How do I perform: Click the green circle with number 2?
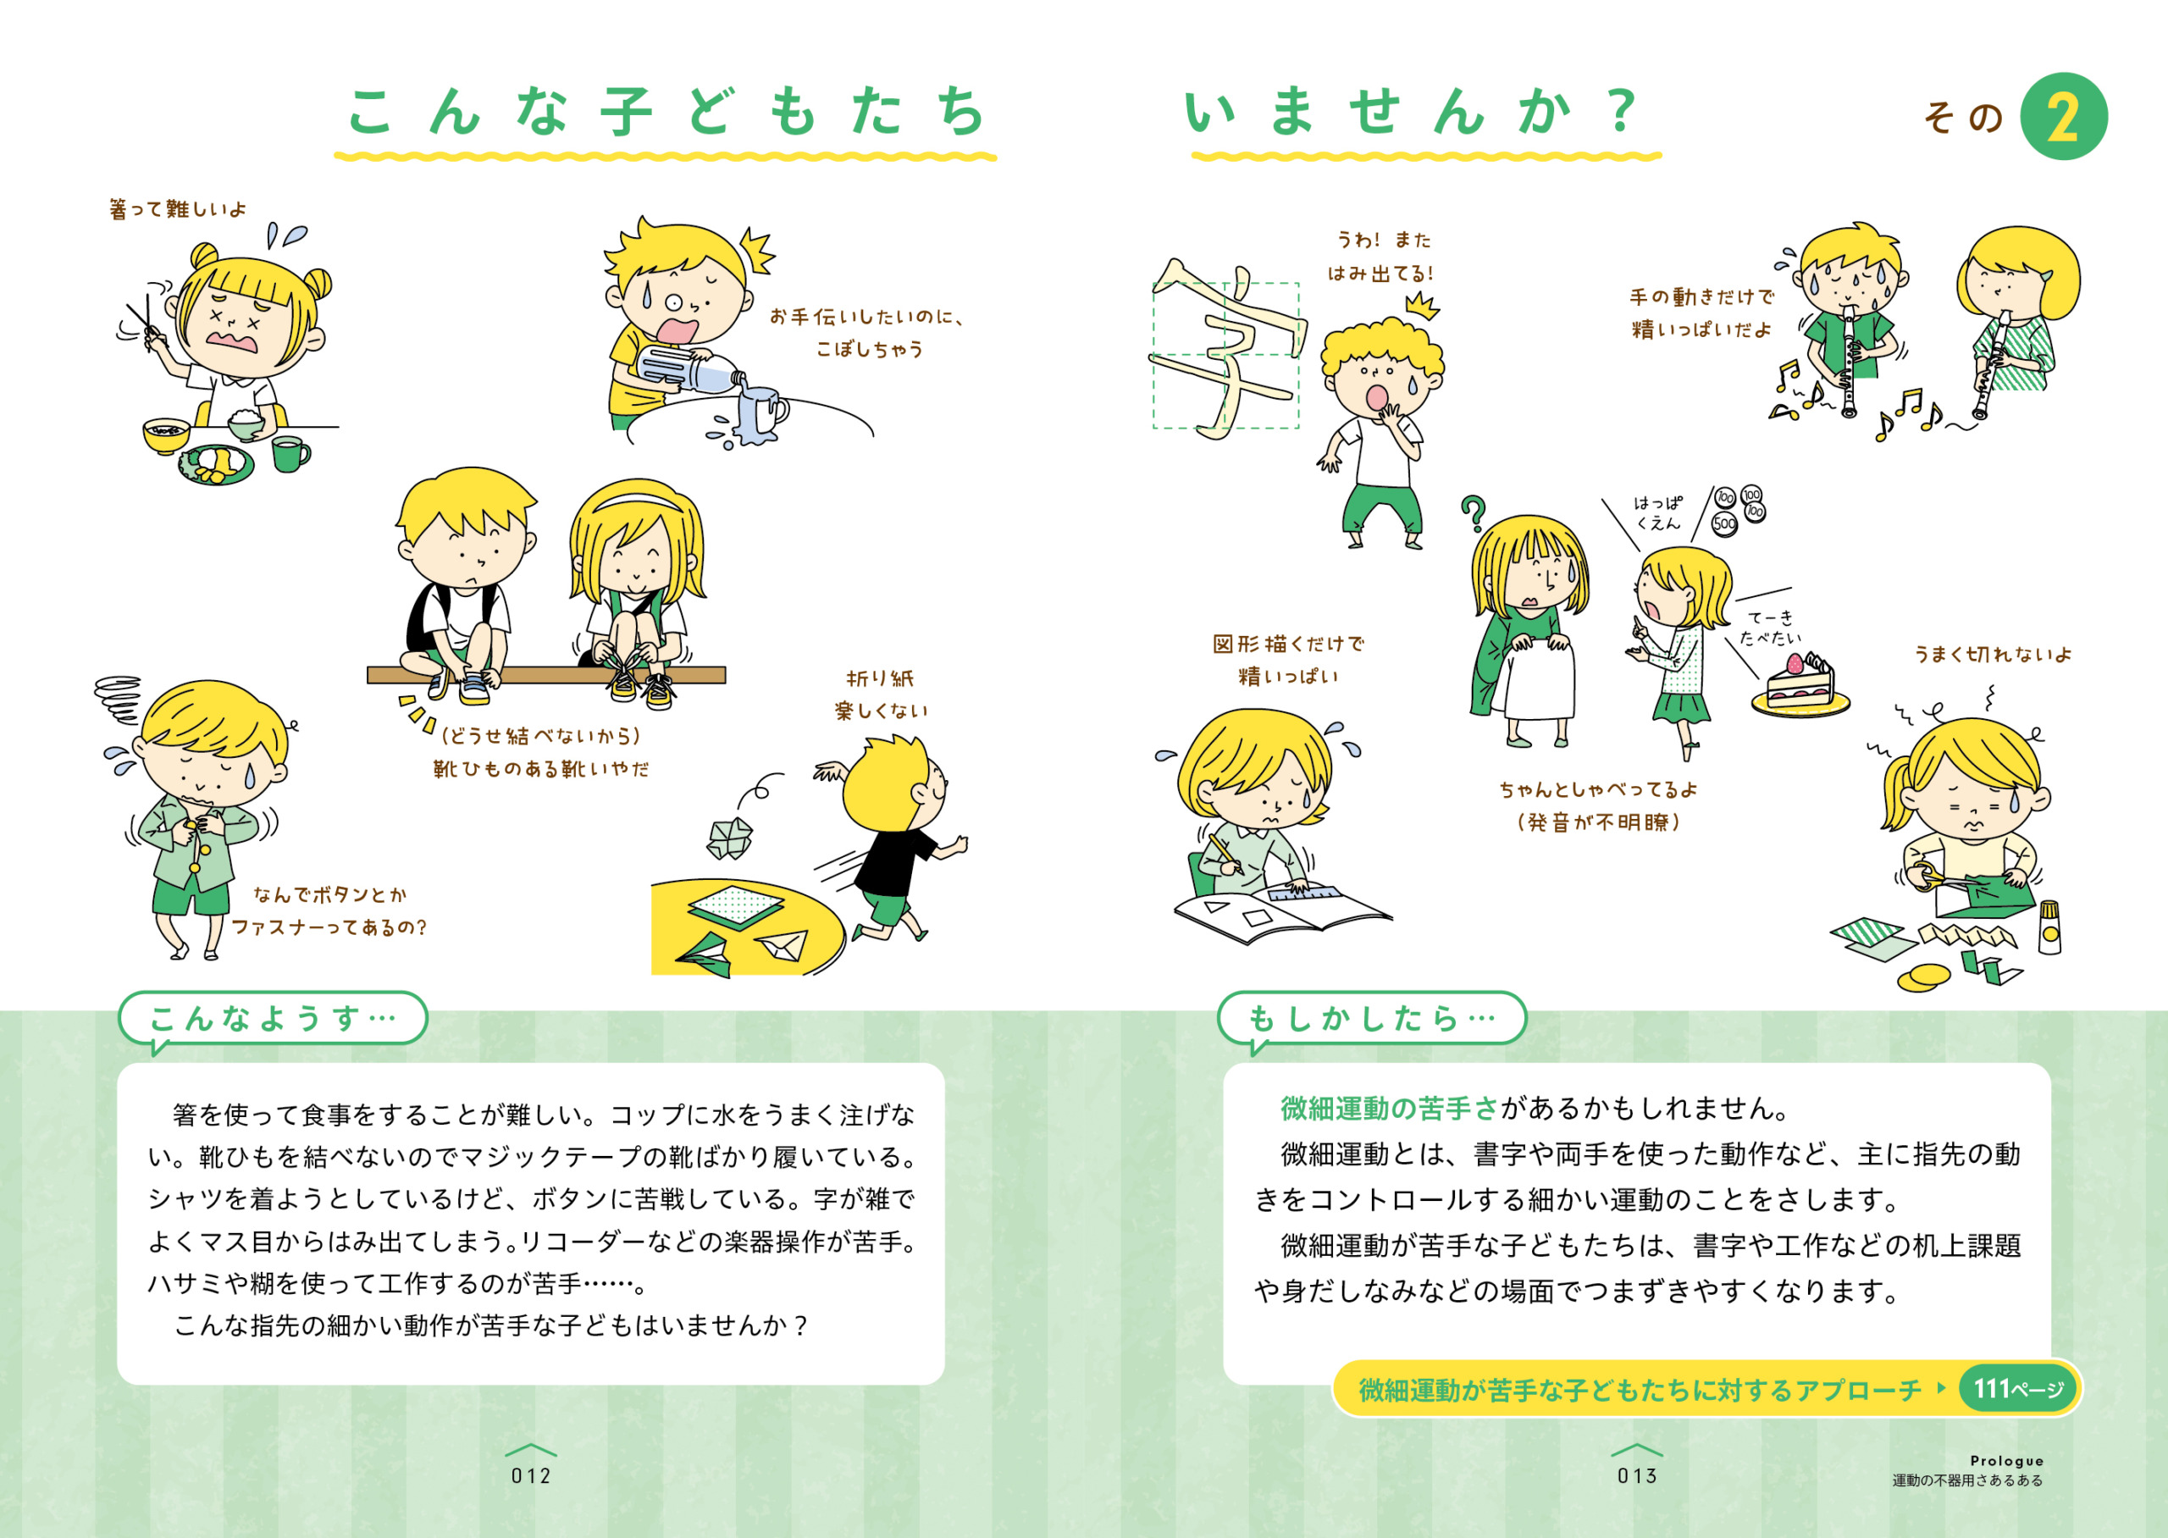coord(2063,117)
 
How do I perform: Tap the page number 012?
coord(531,1475)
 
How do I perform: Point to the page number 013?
coord(1637,1475)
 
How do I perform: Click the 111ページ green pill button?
coord(2017,1389)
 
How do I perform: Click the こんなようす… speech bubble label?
coord(273,1018)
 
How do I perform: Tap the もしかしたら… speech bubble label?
coord(1372,1018)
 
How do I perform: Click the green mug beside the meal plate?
coord(290,453)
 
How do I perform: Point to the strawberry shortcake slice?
coord(1800,683)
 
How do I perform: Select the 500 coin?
coord(1724,523)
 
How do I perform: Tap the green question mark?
coord(1472,514)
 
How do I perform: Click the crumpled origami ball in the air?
coord(730,838)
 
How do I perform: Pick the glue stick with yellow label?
coord(2049,927)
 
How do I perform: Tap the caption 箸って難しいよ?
coord(178,208)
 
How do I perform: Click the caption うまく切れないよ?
coord(1993,655)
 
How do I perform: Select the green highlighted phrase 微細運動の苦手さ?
coord(1390,1107)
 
